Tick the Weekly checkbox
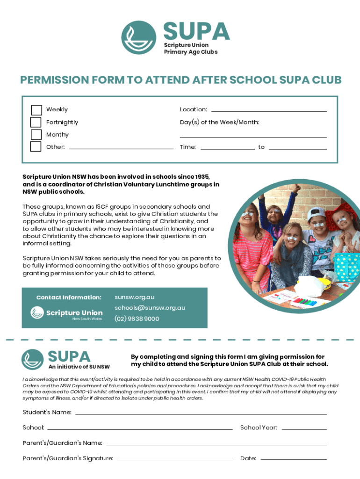click(x=36, y=110)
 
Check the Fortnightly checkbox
click(x=36, y=123)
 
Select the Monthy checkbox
click(x=36, y=135)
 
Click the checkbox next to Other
click(x=36, y=147)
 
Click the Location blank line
click(x=269, y=110)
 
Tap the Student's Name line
click(x=201, y=413)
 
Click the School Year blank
click(x=304, y=428)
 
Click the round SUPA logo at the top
click(x=139, y=37)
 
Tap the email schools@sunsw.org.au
click(x=150, y=308)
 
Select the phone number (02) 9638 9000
click(x=137, y=319)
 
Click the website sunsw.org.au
click(x=134, y=297)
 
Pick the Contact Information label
click(x=69, y=298)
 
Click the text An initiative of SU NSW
click(x=79, y=367)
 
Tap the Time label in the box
click(x=187, y=147)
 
